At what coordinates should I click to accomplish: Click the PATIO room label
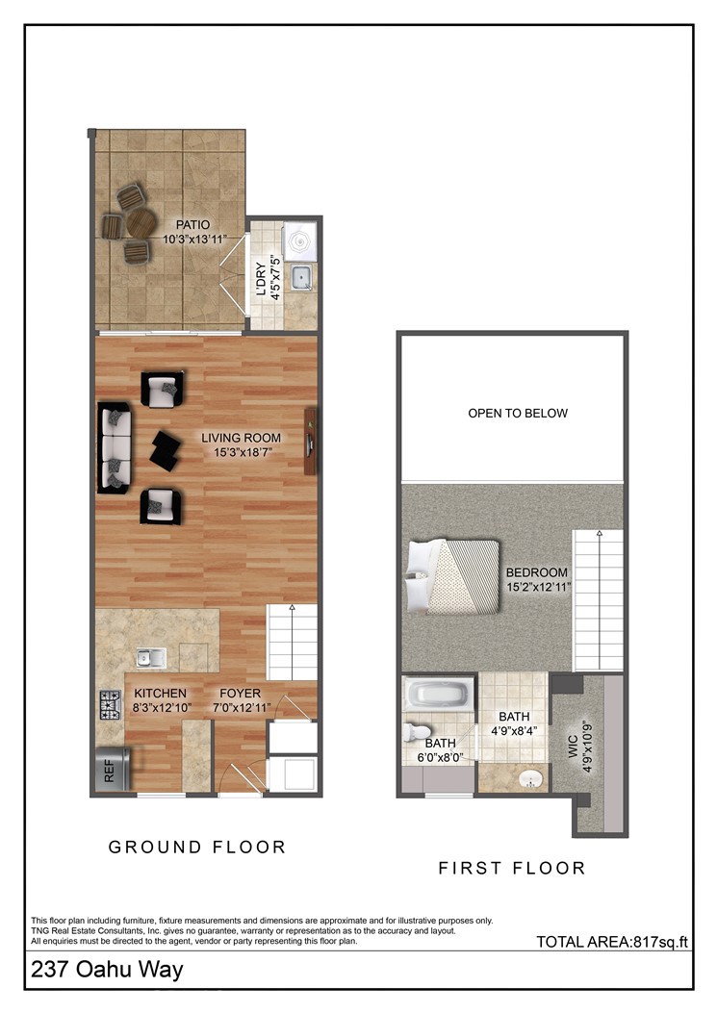[x=192, y=225]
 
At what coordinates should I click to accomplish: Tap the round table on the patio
[x=141, y=223]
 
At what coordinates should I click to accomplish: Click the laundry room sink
[x=302, y=276]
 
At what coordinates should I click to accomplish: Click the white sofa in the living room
[x=115, y=447]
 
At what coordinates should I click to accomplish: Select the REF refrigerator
[x=110, y=770]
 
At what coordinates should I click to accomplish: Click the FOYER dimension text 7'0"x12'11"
[x=241, y=708]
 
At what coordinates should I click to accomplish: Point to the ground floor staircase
[x=292, y=642]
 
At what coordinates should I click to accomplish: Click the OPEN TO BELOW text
[x=518, y=414]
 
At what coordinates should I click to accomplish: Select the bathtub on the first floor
[x=439, y=695]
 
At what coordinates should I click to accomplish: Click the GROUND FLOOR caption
[x=197, y=848]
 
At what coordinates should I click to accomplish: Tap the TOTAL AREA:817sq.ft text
[x=613, y=943]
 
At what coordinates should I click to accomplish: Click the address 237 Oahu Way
[x=107, y=971]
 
